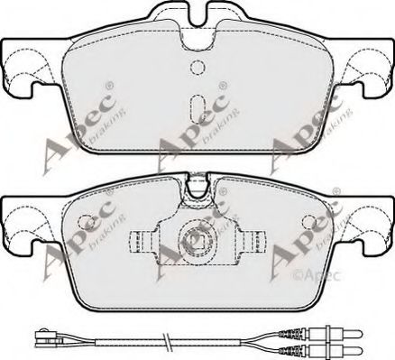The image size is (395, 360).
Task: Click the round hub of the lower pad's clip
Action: tap(196, 240)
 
